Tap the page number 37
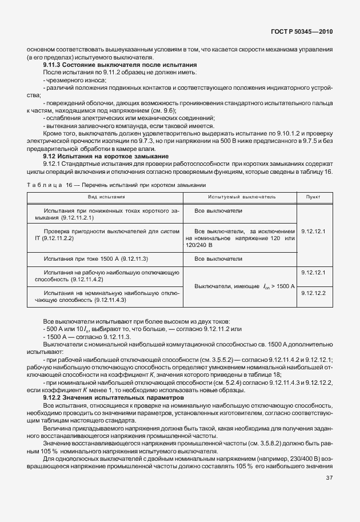pos(330,495)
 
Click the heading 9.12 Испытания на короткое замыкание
pos(106,156)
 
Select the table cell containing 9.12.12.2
pos(313,293)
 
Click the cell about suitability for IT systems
pos(103,235)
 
